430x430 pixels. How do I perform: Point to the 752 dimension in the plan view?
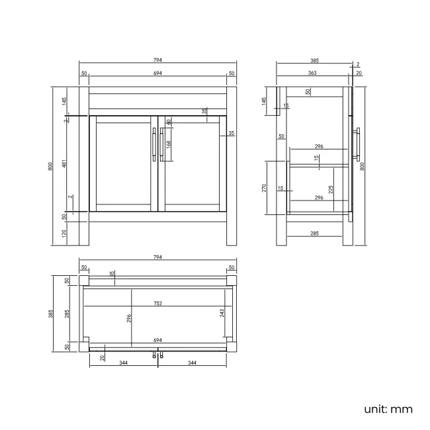coord(158,304)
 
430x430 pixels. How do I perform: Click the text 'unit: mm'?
coord(388,409)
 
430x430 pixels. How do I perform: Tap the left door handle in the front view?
coord(153,144)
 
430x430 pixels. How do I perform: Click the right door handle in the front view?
coord(161,144)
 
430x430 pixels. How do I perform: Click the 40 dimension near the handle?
coord(169,122)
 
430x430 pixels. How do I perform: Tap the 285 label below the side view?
coord(315,234)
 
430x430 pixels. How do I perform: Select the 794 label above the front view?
coord(157,60)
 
